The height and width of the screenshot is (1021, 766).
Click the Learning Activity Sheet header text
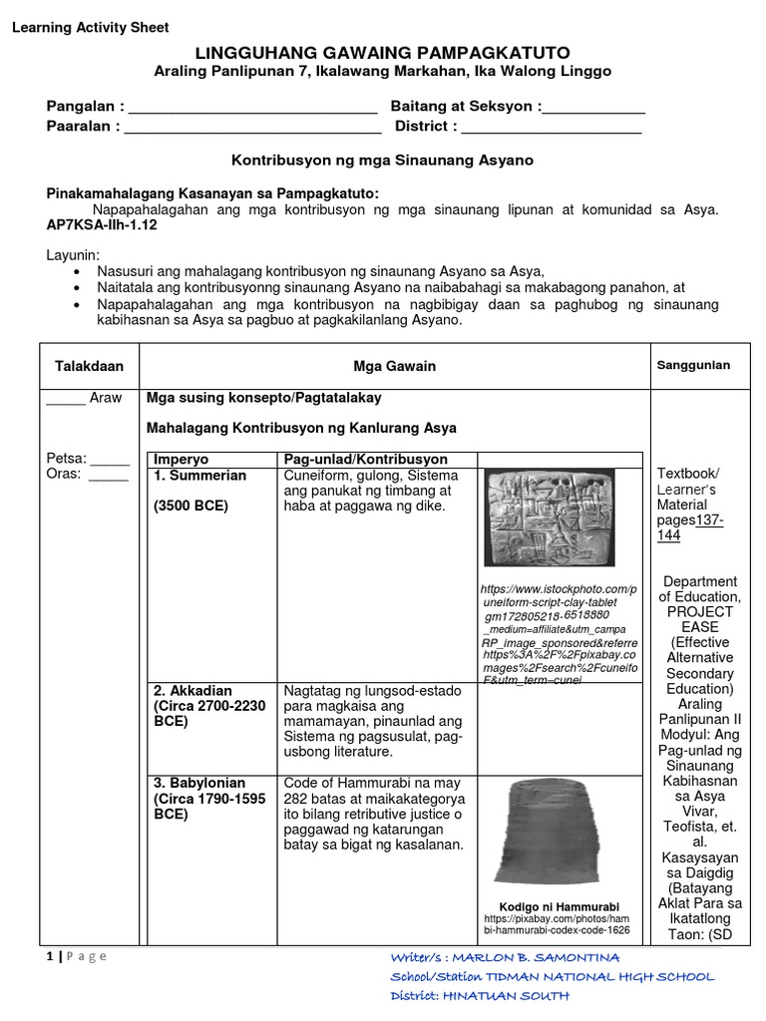(90, 28)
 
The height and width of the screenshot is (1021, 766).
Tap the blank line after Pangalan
(253, 107)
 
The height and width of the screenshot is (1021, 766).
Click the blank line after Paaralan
(253, 127)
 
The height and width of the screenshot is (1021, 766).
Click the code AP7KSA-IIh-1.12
(102, 225)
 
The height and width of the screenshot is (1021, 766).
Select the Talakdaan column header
(88, 366)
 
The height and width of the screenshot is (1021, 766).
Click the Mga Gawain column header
(394, 366)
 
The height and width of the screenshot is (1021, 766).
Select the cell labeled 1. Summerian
(200, 476)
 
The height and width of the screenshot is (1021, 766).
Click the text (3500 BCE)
(191, 506)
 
